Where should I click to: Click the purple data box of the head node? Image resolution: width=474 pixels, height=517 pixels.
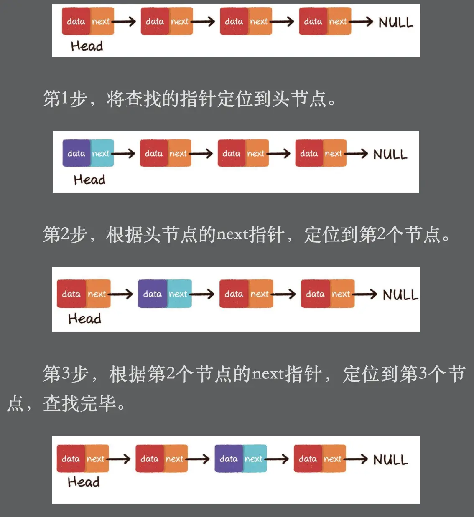[76, 153]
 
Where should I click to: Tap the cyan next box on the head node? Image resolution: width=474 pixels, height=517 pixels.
[101, 153]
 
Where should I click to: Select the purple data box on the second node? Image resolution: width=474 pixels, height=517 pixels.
[152, 294]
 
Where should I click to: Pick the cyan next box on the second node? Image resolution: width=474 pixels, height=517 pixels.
[178, 294]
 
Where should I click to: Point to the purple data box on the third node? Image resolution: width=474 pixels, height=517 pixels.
[228, 459]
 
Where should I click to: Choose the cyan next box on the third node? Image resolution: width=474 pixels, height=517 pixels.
[254, 459]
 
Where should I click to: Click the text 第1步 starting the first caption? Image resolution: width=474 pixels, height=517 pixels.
[65, 99]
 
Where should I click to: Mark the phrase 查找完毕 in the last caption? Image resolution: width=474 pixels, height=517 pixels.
[79, 403]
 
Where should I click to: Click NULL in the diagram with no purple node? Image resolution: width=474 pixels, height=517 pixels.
[395, 22]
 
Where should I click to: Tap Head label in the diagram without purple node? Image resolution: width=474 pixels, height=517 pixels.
[87, 46]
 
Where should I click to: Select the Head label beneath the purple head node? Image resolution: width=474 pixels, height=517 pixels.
[89, 180]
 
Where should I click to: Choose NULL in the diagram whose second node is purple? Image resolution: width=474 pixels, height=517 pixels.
[400, 295]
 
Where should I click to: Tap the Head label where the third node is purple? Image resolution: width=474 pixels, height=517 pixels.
[84, 482]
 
